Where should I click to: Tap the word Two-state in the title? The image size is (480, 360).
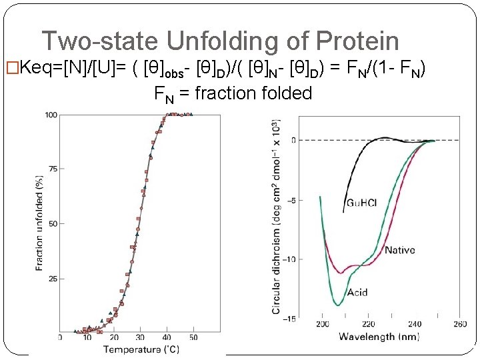pyautogui.click(x=101, y=41)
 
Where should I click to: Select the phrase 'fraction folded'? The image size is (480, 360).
pyautogui.click(x=253, y=93)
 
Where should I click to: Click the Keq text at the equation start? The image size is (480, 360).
pyautogui.click(x=37, y=67)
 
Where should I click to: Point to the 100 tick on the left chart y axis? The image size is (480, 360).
pyautogui.click(x=51, y=115)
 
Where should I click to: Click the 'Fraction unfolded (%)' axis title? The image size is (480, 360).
pyautogui.click(x=39, y=223)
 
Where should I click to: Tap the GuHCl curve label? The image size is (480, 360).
pyautogui.click(x=361, y=203)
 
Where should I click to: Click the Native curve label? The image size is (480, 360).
pyautogui.click(x=399, y=250)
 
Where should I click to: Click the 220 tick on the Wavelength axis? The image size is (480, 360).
pyautogui.click(x=368, y=325)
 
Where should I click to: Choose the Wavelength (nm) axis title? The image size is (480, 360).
pyautogui.click(x=379, y=337)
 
